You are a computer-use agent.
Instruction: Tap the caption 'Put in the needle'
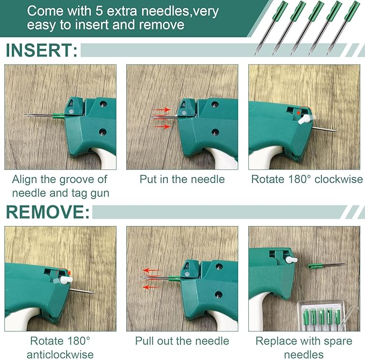click(182, 179)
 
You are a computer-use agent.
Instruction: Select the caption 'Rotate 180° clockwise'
click(306, 179)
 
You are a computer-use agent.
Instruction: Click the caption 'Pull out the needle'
click(182, 341)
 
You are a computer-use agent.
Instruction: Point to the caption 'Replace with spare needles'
click(304, 347)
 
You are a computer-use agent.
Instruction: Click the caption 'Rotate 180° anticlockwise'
click(60, 347)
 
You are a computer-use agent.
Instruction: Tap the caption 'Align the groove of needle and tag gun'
click(60, 186)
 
